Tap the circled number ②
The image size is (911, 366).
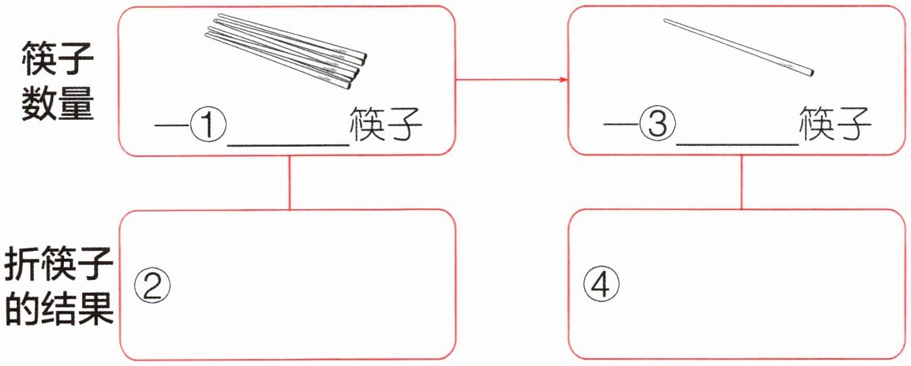(153, 282)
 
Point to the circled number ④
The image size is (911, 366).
(602, 282)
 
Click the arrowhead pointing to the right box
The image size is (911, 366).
(563, 80)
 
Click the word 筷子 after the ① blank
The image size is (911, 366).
(386, 125)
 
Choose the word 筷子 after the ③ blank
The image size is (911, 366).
(835, 125)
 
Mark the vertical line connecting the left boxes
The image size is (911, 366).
(290, 182)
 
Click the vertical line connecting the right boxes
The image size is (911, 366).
(740, 182)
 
